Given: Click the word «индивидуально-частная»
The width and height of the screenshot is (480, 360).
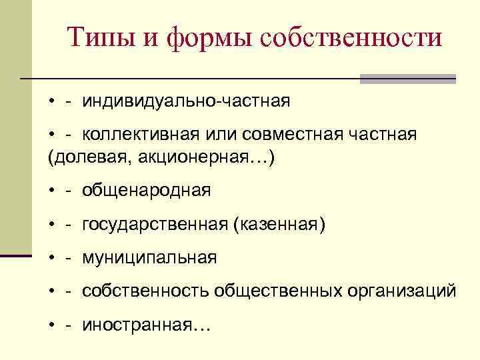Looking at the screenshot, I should [x=186, y=101].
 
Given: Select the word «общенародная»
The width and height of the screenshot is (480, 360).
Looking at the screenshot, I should [x=147, y=191].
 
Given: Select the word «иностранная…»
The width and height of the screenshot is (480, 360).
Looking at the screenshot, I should [x=146, y=325].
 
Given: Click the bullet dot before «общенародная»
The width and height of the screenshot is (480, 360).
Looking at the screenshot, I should [x=51, y=192].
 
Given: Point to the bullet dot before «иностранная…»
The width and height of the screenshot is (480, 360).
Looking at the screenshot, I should [x=51, y=325].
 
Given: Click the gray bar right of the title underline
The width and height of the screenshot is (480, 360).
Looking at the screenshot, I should [x=408, y=79].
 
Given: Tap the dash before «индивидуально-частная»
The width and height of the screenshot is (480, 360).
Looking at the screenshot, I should [x=69, y=102].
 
